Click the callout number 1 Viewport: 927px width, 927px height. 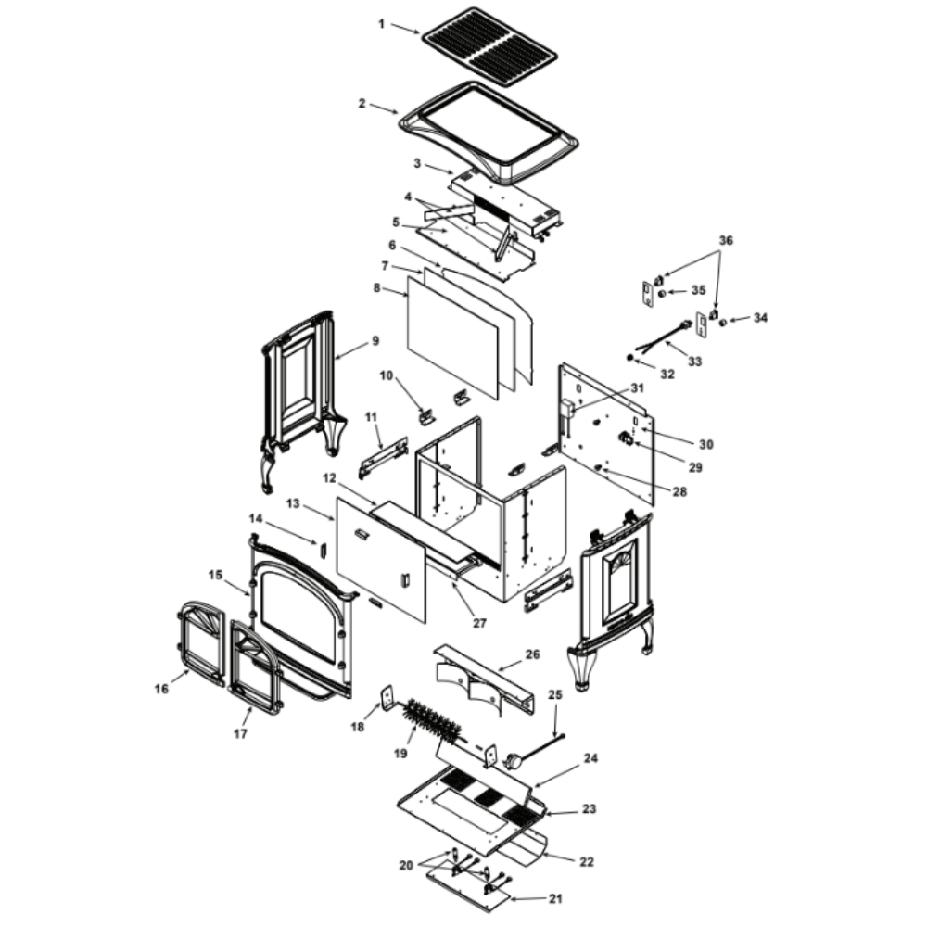381,24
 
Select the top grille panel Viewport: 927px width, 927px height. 489,46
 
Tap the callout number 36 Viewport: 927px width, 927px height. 726,241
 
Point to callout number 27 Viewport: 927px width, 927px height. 479,623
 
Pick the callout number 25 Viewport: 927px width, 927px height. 555,694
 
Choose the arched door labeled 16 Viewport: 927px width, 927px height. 201,644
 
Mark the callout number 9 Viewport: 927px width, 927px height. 375,341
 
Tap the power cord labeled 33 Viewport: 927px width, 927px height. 662,336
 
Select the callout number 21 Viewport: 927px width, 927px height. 554,899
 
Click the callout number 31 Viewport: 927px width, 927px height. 637,388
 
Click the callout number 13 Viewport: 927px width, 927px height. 293,503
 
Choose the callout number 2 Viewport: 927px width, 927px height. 362,104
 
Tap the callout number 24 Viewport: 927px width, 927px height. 590,758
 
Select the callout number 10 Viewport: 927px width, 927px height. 386,376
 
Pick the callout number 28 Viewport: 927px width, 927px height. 679,492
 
